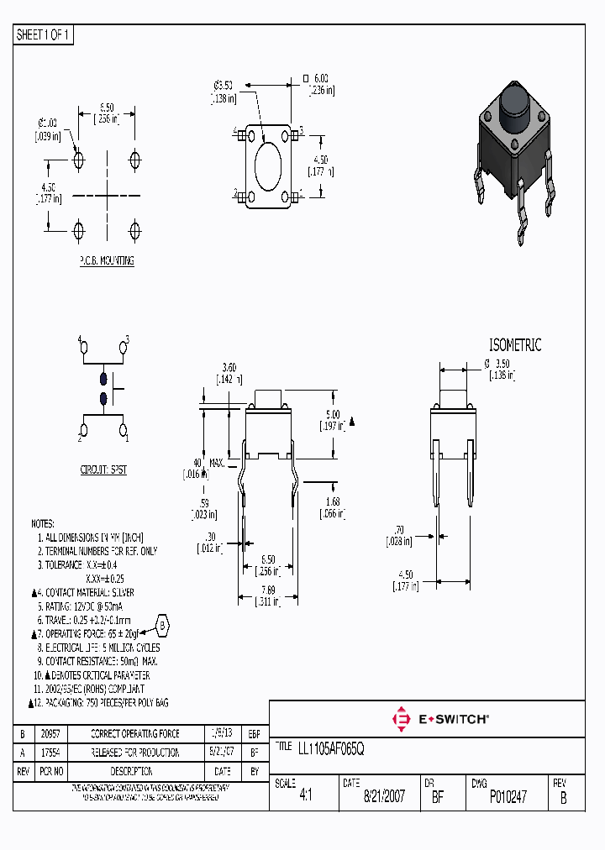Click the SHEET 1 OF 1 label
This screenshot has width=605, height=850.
(44, 34)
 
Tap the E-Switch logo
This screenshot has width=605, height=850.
(440, 719)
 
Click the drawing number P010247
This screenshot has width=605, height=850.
(508, 797)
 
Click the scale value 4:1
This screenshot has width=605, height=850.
(304, 797)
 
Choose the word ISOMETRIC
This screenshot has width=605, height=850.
(515, 345)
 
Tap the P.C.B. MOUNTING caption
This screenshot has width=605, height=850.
(107, 261)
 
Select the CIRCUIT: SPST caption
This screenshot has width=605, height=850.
(103, 470)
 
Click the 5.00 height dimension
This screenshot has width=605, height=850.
(333, 415)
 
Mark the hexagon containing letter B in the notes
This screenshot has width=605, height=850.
(163, 625)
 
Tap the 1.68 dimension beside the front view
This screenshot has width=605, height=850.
(334, 503)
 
